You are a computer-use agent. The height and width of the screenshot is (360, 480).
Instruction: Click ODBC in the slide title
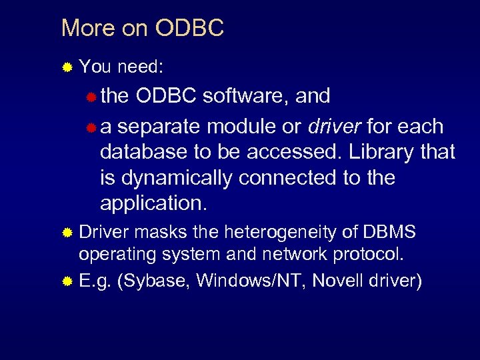click(x=189, y=28)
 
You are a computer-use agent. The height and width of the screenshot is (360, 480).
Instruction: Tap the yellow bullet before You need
click(x=67, y=67)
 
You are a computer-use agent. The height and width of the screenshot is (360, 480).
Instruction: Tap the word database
click(x=141, y=152)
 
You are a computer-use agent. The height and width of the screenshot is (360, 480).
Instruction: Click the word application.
click(x=153, y=204)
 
